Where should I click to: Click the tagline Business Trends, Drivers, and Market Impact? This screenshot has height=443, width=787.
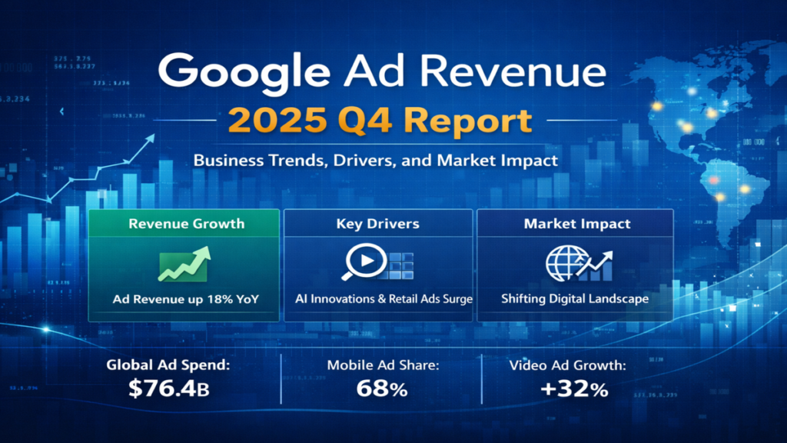pos(375,162)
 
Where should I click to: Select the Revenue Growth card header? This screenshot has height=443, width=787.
pos(187,224)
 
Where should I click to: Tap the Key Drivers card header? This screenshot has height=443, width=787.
pos(377,224)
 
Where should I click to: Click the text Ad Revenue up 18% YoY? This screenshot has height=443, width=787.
pos(186,298)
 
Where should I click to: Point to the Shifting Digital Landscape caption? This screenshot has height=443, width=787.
pos(576,298)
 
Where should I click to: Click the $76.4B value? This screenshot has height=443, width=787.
pos(168,389)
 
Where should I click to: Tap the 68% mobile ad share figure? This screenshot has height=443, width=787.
pos(382,389)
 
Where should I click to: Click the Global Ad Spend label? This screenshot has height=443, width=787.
pos(171,365)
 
